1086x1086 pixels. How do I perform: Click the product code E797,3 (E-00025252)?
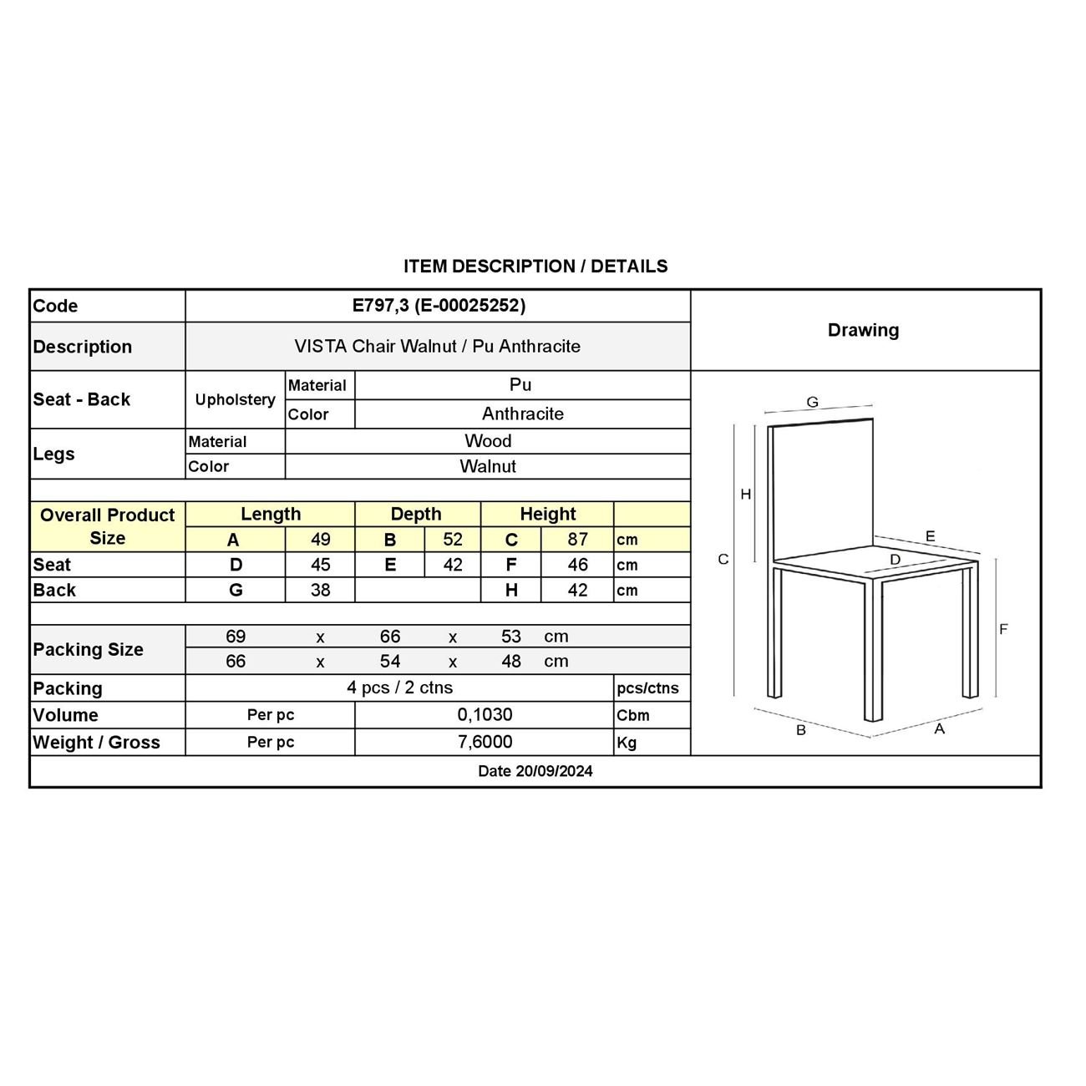pyautogui.click(x=439, y=306)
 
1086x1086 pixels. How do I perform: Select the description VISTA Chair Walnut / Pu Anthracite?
pyautogui.click(x=437, y=346)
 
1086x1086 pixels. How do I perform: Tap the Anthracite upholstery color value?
pyautogui.click(x=522, y=414)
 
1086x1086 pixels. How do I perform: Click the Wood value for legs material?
pyautogui.click(x=488, y=441)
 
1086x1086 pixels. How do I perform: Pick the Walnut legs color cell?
pyautogui.click(x=488, y=466)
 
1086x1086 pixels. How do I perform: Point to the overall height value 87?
pyautogui.click(x=577, y=540)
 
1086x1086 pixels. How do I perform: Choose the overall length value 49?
pyautogui.click(x=320, y=540)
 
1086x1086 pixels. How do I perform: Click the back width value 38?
pyautogui.click(x=320, y=590)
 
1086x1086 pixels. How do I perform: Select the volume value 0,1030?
pyautogui.click(x=485, y=715)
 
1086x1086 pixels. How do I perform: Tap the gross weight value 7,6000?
pyautogui.click(x=485, y=742)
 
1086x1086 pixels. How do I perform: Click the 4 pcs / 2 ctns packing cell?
pyautogui.click(x=399, y=688)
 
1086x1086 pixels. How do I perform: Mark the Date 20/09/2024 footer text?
pyautogui.click(x=535, y=771)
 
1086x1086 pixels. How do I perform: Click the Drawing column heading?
pyautogui.click(x=863, y=330)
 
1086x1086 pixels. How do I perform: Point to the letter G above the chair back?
pyautogui.click(x=812, y=403)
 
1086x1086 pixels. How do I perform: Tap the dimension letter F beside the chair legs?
pyautogui.click(x=1003, y=629)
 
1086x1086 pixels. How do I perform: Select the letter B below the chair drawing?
pyautogui.click(x=800, y=730)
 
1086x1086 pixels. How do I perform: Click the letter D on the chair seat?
pyautogui.click(x=895, y=560)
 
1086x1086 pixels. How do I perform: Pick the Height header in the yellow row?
pyautogui.click(x=547, y=514)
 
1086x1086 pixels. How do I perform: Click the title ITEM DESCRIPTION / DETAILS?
pyautogui.click(x=535, y=266)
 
